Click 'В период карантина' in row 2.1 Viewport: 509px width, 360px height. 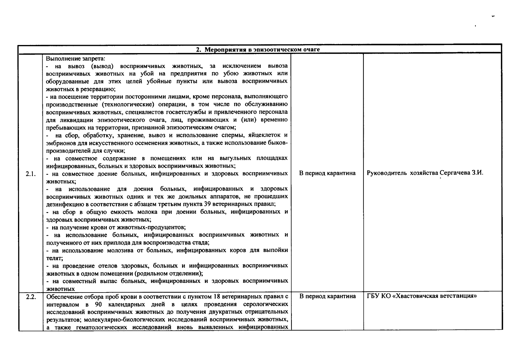click(x=327, y=173)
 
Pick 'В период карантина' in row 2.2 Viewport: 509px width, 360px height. click(x=327, y=296)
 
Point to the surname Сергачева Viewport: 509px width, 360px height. click(x=454, y=173)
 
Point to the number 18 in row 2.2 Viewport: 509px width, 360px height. click(x=217, y=297)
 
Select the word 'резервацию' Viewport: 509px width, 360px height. click(x=101, y=89)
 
